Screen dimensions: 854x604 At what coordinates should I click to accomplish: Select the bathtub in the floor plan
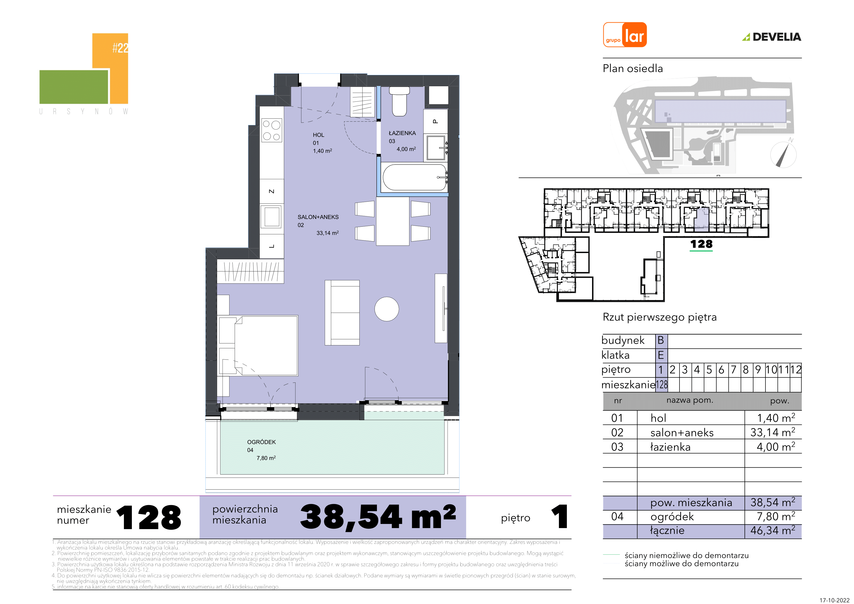point(415,177)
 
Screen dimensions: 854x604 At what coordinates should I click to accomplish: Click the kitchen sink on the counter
point(272,217)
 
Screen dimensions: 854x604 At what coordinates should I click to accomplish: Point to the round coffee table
point(386,309)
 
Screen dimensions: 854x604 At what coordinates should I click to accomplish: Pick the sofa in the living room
point(342,313)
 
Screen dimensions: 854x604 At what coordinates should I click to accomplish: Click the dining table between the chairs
point(393,221)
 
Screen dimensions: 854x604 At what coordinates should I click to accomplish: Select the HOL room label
point(318,135)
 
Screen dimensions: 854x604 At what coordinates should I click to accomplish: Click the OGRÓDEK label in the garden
point(262,442)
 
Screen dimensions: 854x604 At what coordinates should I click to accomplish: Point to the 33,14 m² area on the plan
point(328,233)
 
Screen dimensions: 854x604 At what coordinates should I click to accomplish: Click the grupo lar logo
point(625,35)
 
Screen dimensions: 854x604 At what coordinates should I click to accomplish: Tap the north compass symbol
point(783,154)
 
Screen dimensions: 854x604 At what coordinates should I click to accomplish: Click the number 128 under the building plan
point(701,244)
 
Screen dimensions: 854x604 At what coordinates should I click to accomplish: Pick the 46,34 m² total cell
point(772,531)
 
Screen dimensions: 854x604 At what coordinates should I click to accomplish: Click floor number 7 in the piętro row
point(733,370)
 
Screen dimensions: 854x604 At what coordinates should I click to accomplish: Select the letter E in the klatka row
point(661,355)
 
